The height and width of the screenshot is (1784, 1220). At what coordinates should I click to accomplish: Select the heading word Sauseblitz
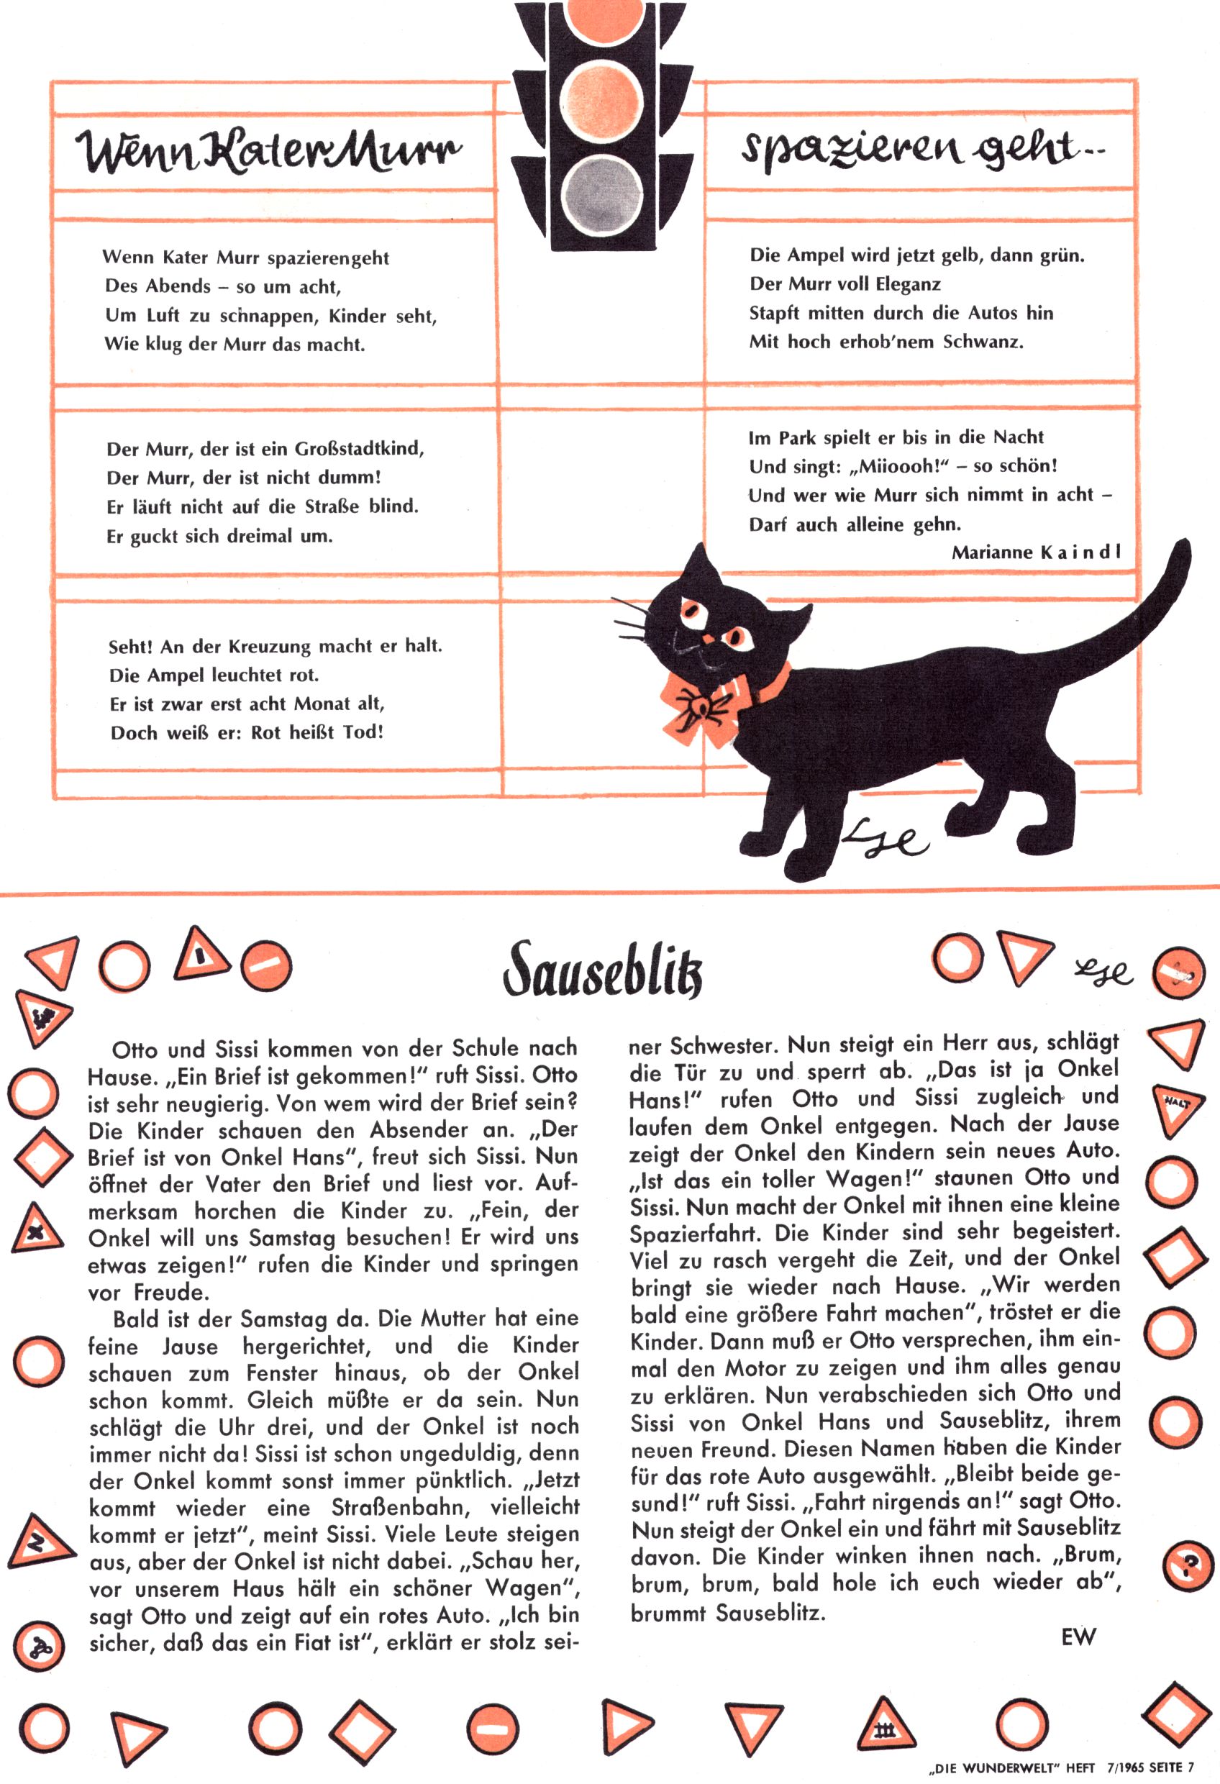tap(603, 970)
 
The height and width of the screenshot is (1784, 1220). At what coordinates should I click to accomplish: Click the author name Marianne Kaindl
tap(1036, 552)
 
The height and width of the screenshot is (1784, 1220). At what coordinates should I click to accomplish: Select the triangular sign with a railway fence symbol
tap(886, 1728)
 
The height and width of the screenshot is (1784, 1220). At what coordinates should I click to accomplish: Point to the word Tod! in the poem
tap(363, 732)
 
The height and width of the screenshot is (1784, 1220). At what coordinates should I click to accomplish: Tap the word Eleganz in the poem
tap(909, 284)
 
